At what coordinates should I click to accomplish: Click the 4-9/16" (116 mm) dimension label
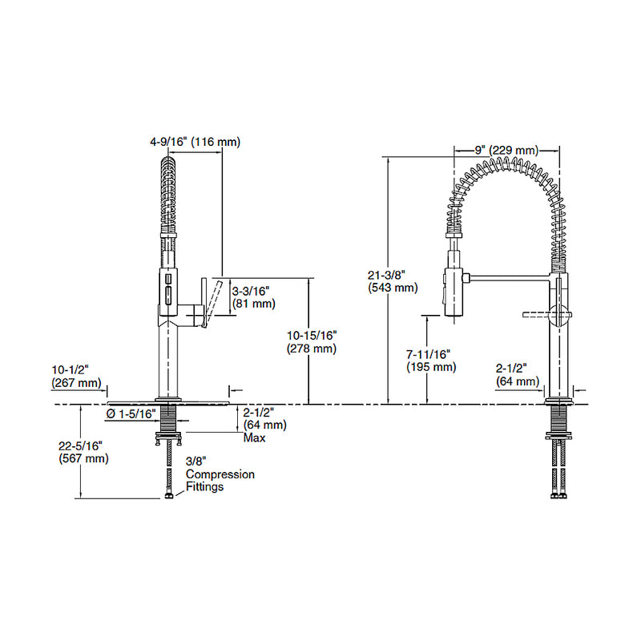coord(195,142)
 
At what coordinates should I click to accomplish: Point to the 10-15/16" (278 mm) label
coord(310,342)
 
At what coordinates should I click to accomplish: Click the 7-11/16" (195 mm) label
coord(431,361)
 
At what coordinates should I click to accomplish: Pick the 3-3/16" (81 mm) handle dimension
coord(252,297)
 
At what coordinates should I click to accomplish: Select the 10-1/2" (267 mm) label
coord(76,377)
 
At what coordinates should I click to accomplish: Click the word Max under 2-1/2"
coord(255,437)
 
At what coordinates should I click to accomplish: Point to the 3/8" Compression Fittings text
coord(220,474)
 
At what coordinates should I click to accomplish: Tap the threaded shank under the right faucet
coord(558,420)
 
